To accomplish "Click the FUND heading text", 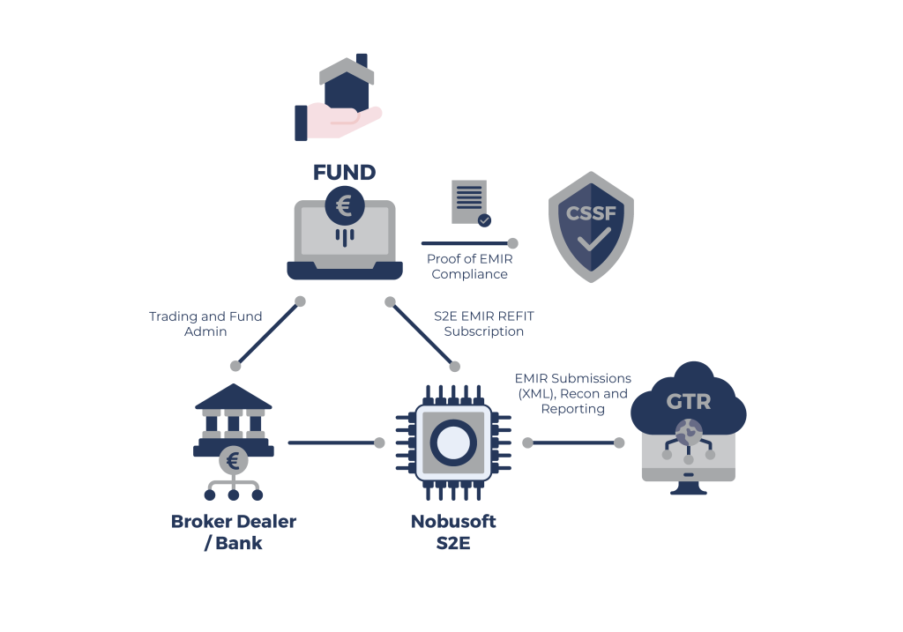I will (x=345, y=171).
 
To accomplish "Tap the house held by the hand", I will (x=342, y=81).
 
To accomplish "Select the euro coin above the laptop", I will (x=344, y=207).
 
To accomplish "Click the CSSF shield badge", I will (x=590, y=227).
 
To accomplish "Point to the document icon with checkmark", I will (x=470, y=203).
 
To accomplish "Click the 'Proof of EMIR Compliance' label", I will (x=469, y=266).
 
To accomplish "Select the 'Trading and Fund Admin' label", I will (x=205, y=323).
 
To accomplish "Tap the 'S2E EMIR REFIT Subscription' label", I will (x=484, y=323).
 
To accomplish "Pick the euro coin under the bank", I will (x=234, y=460).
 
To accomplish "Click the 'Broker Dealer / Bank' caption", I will (x=234, y=532).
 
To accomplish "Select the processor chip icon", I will (x=453, y=442).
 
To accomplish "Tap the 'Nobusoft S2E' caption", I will (x=453, y=532).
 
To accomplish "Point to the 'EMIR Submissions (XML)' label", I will (x=572, y=393).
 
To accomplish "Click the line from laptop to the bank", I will (x=268, y=333).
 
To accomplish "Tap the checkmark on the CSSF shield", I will (x=591, y=238).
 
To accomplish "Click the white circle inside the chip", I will (x=453, y=442).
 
